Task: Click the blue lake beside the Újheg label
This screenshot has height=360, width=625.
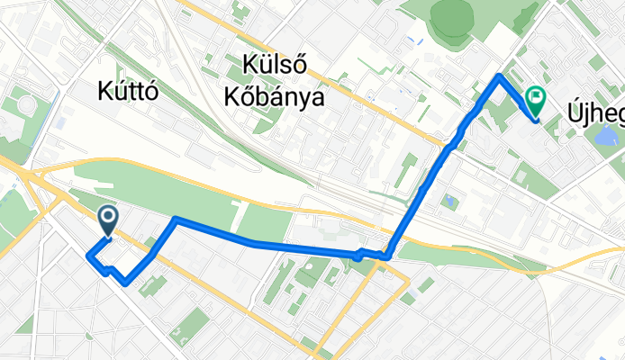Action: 605,136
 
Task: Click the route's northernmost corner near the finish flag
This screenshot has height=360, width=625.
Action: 500,77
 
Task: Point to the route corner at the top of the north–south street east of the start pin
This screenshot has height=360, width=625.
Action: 176,219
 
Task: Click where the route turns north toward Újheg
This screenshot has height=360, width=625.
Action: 388,256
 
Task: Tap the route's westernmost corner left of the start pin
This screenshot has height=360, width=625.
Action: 87,256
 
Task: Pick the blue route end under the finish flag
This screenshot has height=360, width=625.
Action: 535,118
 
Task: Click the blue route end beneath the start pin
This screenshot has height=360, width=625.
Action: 108,237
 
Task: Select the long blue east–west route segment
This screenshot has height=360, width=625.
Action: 270,244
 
